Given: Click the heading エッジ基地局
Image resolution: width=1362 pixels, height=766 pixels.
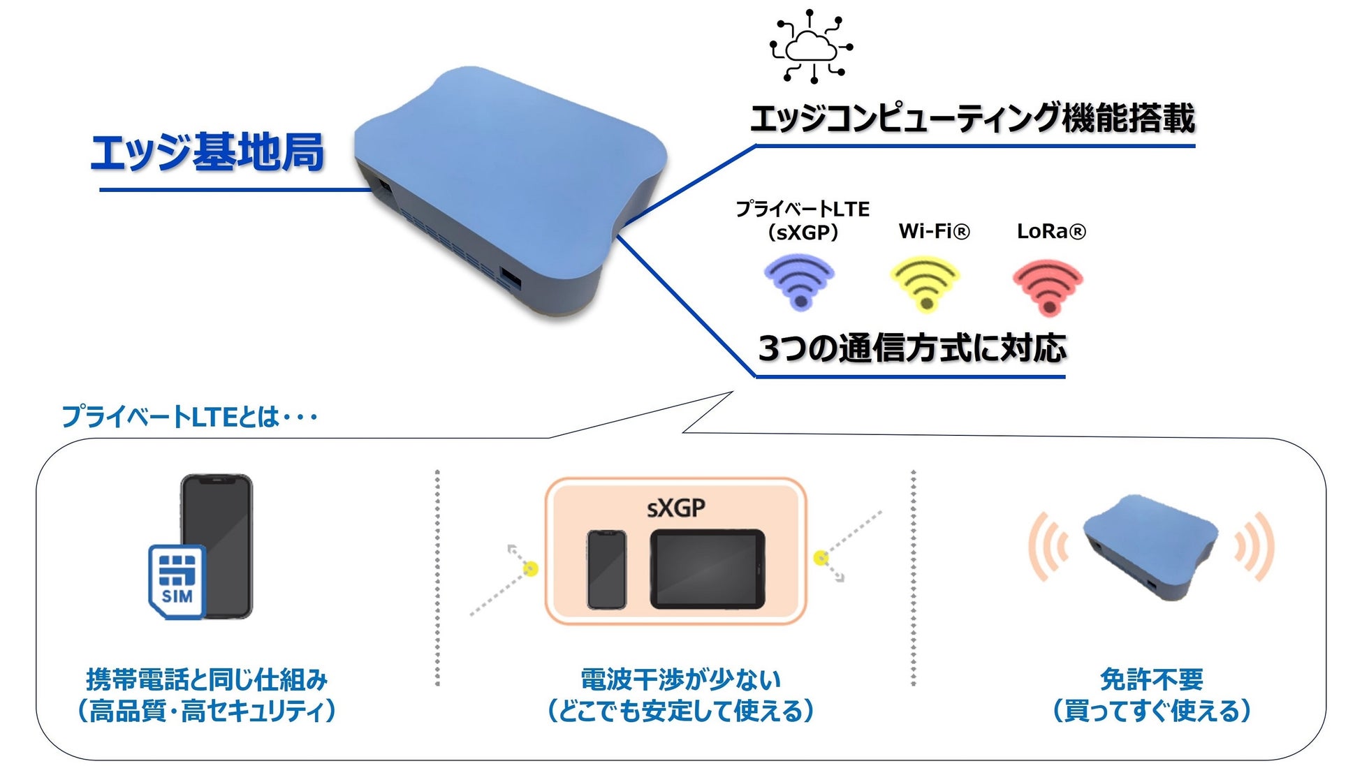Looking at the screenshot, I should [207, 152].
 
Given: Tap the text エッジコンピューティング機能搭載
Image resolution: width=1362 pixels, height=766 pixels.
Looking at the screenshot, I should [972, 118].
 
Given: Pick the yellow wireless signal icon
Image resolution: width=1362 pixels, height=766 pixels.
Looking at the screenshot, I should [925, 283].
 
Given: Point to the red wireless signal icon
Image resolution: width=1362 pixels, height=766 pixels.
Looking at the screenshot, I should [1048, 286].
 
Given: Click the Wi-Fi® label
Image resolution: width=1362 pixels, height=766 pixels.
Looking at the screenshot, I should [934, 231].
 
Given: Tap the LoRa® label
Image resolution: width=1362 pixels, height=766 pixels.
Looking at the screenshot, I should [1051, 231].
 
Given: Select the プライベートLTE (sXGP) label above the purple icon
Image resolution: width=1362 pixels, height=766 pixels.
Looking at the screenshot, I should [803, 220].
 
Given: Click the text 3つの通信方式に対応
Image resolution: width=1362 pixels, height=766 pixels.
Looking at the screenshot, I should [912, 348].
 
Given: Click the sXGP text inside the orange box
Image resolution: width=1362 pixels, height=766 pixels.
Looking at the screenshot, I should [675, 508].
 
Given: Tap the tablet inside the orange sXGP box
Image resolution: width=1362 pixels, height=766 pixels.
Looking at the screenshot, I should [708, 568].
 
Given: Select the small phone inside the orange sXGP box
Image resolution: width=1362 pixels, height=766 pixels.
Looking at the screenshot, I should [606, 569].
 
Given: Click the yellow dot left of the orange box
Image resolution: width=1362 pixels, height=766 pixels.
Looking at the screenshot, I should [531, 569].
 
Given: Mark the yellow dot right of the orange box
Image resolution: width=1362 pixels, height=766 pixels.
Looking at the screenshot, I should [821, 557].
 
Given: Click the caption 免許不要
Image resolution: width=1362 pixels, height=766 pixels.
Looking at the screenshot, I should [1152, 679].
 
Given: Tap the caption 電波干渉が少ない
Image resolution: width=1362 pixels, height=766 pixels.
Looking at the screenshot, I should [680, 679].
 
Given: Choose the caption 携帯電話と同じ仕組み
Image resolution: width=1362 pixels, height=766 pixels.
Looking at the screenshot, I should [207, 679].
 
